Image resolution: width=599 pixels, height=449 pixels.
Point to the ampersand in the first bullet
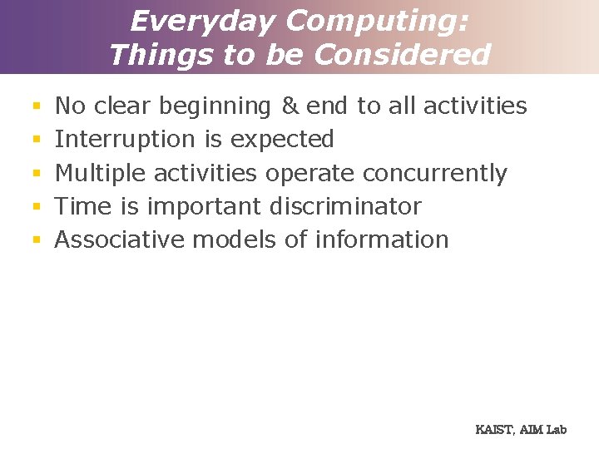(x=290, y=106)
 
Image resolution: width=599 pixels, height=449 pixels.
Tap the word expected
(x=282, y=140)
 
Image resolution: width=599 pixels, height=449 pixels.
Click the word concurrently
(x=435, y=173)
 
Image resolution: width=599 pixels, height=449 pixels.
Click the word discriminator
(x=345, y=206)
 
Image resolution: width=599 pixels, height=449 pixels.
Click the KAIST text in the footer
(x=494, y=430)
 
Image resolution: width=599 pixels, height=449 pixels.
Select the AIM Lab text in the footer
(x=544, y=430)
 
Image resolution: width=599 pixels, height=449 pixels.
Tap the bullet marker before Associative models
(x=36, y=240)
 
